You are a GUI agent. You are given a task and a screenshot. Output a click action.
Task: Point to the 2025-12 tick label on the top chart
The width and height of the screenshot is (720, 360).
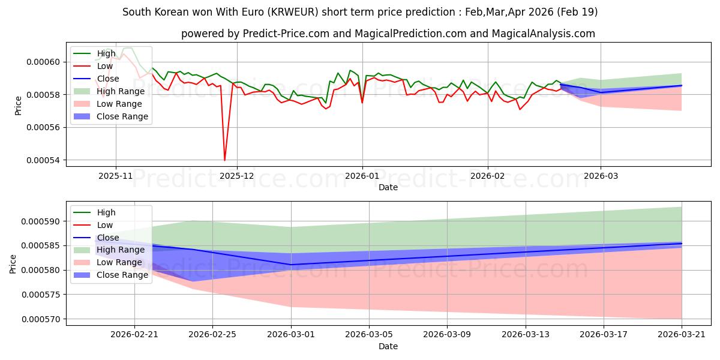[x=237, y=176]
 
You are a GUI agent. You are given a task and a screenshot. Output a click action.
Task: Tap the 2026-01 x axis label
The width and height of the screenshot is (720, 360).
[x=362, y=176]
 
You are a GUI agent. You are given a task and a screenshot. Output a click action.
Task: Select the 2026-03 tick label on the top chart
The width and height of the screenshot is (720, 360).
[x=601, y=176]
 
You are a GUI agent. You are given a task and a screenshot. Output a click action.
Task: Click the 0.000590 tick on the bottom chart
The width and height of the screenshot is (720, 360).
[x=41, y=221]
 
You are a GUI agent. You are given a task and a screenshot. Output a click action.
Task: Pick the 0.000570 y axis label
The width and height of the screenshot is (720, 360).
[x=41, y=319]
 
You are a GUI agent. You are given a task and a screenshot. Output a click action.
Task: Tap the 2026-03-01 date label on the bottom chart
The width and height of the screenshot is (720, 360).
[x=291, y=335]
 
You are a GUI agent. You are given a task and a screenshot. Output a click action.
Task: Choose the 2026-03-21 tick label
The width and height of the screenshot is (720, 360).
[x=682, y=335]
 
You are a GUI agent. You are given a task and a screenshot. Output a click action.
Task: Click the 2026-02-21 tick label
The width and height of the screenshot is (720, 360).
[x=134, y=335]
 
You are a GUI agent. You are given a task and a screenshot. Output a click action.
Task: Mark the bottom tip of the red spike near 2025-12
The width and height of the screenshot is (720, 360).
[x=224, y=160]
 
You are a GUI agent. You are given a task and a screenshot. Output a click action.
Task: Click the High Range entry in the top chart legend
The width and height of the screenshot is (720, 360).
[x=109, y=91]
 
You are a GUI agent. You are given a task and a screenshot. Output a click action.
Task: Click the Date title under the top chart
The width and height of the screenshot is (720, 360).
[x=388, y=187]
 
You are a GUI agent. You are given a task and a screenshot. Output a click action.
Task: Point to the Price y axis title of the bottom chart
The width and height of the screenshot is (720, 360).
[x=13, y=264]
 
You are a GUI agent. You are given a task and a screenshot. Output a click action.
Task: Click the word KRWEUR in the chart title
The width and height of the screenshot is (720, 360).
[x=293, y=12]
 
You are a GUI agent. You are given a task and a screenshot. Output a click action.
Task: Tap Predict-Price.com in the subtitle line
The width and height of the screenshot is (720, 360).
[x=286, y=34]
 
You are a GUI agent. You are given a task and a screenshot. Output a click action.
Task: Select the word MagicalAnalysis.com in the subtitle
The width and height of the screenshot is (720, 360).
[x=544, y=34]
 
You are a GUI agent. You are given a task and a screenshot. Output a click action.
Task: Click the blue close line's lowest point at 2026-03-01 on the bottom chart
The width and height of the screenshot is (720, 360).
[x=291, y=265]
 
